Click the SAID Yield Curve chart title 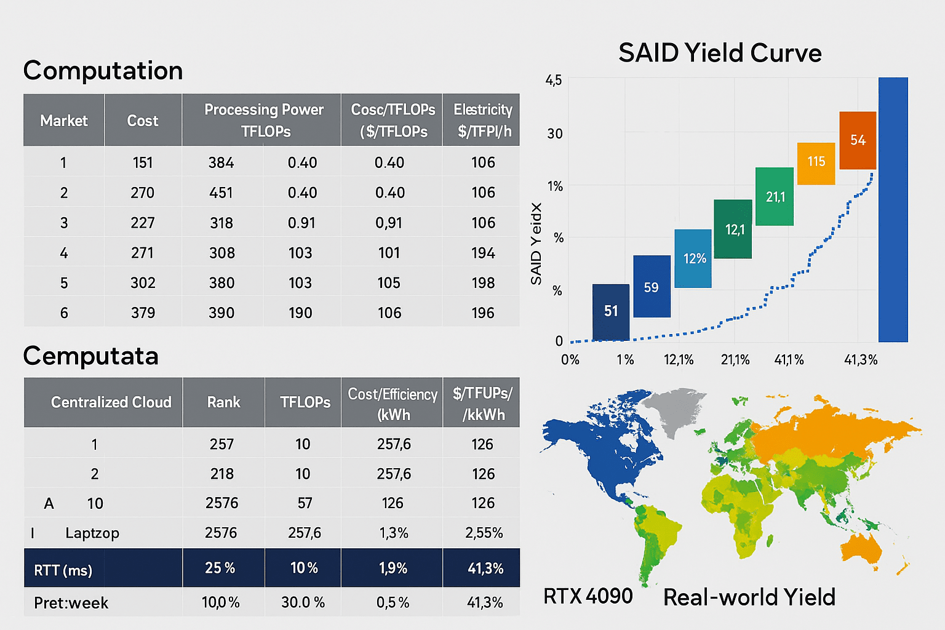[720, 53]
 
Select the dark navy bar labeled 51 [610, 311]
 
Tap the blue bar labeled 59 [652, 287]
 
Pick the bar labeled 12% [693, 258]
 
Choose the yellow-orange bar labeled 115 [816, 163]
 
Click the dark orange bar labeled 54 [858, 140]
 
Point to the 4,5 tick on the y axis [553, 80]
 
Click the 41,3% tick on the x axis [860, 360]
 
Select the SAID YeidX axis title [536, 244]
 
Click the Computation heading [103, 71]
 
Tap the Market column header [64, 121]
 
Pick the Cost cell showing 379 [143, 313]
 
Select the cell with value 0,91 [389, 223]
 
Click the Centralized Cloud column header [111, 402]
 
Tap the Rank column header [223, 402]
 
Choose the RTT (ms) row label [63, 570]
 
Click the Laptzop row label [92, 533]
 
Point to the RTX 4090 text [588, 596]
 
